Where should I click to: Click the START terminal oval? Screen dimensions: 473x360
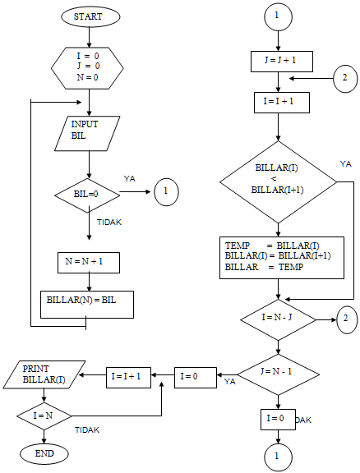pyautogui.click(x=89, y=16)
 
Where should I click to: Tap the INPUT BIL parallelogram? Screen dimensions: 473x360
pyautogui.click(x=89, y=133)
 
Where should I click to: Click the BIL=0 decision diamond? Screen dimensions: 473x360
pyautogui.click(x=87, y=194)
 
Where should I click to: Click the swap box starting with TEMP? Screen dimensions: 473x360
pyautogui.click(x=282, y=257)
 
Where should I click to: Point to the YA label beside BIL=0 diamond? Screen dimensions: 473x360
pyautogui.click(x=130, y=177)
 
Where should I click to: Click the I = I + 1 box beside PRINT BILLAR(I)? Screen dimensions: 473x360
pyautogui.click(x=128, y=377)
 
